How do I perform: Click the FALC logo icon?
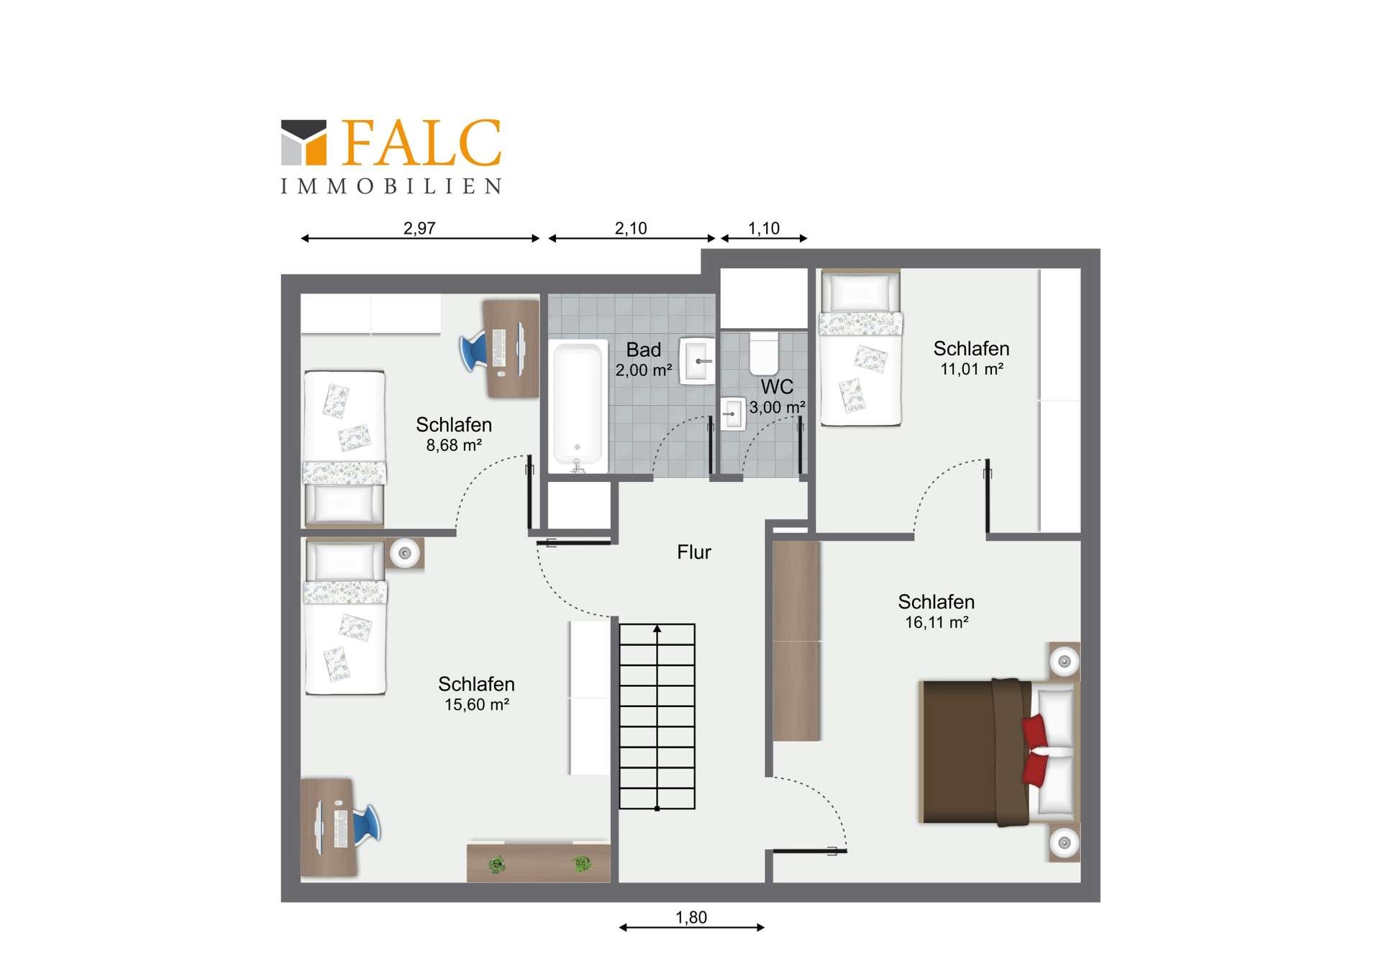click(304, 142)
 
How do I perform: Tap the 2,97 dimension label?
click(419, 228)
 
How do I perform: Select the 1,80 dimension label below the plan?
click(691, 917)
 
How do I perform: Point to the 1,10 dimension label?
click(764, 228)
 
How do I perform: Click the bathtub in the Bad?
click(577, 406)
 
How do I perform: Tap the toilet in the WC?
click(764, 353)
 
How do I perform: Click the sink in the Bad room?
click(698, 361)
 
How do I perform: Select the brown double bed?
click(999, 752)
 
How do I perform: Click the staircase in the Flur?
click(657, 716)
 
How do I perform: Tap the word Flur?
click(694, 552)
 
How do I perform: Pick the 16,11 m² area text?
click(936, 622)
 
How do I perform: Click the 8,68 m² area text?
click(454, 445)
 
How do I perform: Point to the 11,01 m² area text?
click(972, 369)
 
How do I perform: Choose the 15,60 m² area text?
click(477, 704)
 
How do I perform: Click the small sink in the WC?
click(733, 414)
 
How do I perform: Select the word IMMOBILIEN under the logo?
click(391, 186)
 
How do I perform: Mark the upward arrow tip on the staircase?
click(657, 626)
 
